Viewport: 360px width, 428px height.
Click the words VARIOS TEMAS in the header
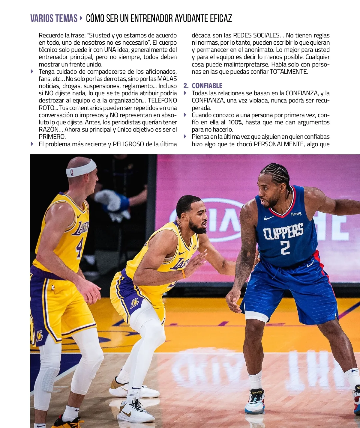click(x=54, y=19)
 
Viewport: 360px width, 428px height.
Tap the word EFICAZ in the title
click(x=221, y=19)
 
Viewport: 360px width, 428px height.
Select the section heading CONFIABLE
click(x=207, y=86)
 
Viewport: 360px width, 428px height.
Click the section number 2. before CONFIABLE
click(x=186, y=86)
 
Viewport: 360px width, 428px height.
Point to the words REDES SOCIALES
click(x=256, y=35)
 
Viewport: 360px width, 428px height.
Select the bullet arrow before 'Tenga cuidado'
click(x=32, y=71)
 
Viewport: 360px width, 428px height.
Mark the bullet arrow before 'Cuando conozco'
click(x=185, y=115)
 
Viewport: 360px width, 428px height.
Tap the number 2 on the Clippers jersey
click(x=285, y=248)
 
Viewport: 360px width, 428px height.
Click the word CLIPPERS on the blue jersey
click(x=283, y=232)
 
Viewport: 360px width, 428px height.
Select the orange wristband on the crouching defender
click(x=183, y=274)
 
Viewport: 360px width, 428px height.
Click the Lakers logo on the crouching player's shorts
click(x=135, y=303)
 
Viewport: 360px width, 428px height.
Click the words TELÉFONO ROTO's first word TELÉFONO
click(x=162, y=100)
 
